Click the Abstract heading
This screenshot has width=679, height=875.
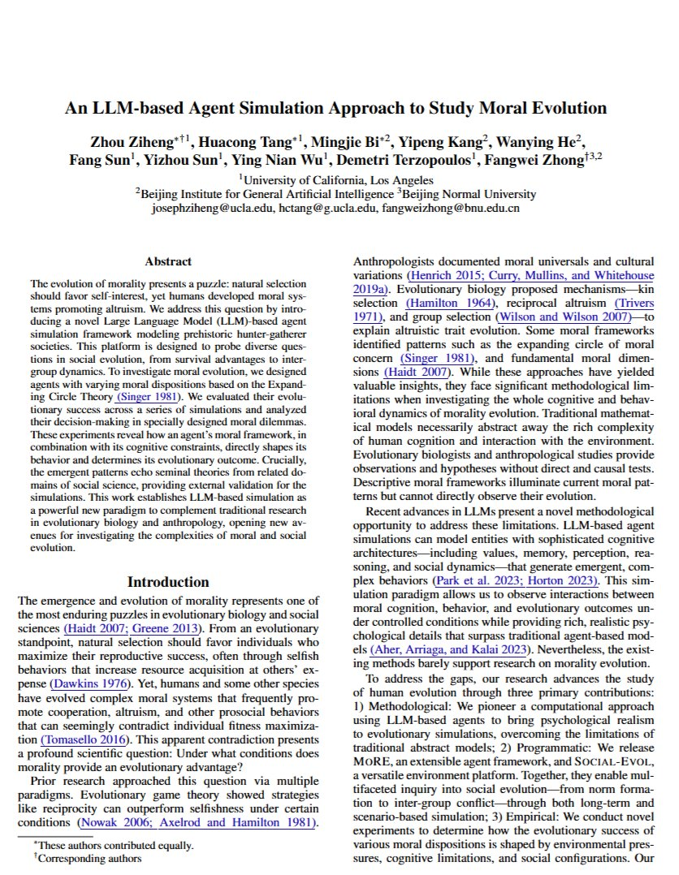coord(168,261)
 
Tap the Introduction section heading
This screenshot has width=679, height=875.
coord(168,582)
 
